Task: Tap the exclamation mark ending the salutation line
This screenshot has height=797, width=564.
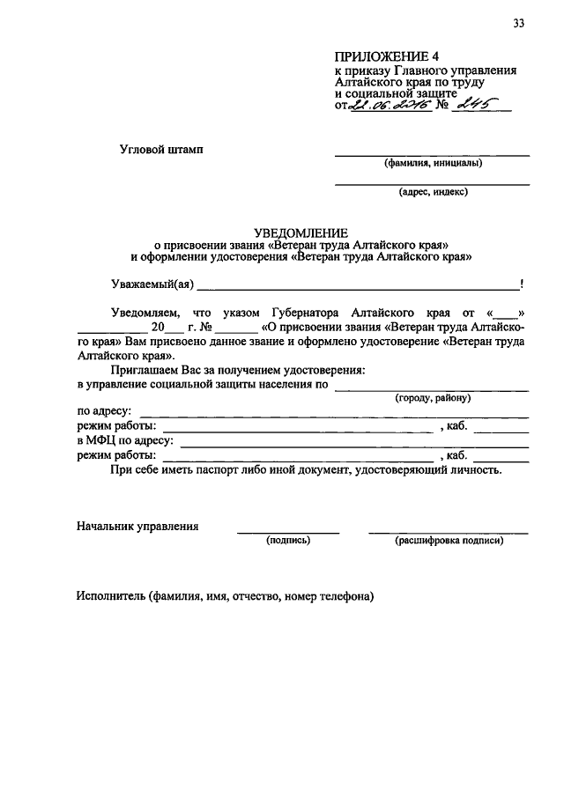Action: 523,284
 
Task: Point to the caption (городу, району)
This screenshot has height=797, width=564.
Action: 433,398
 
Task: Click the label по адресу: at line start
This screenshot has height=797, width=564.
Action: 104,412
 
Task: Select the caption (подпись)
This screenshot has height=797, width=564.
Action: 288,540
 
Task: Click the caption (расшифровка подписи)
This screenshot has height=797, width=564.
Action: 449,540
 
